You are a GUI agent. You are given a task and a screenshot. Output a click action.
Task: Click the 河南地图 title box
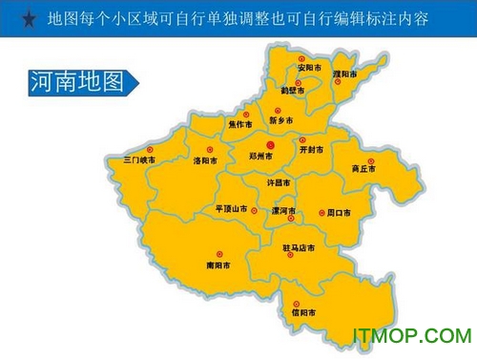pyautogui.click(x=71, y=83)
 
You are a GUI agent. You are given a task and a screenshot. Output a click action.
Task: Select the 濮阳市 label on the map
pyautogui.click(x=357, y=74)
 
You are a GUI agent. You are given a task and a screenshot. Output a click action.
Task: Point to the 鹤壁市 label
pyautogui.click(x=294, y=92)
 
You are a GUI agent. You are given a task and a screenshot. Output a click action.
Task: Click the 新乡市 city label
pyautogui.click(x=282, y=121)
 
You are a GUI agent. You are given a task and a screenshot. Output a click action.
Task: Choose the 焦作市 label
pyautogui.click(x=240, y=124)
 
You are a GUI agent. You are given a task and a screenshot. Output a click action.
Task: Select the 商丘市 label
pyautogui.click(x=363, y=169)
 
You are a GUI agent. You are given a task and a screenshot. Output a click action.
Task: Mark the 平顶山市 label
pyautogui.click(x=232, y=208)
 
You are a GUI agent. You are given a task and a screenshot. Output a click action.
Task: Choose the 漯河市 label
pyautogui.click(x=283, y=211)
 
